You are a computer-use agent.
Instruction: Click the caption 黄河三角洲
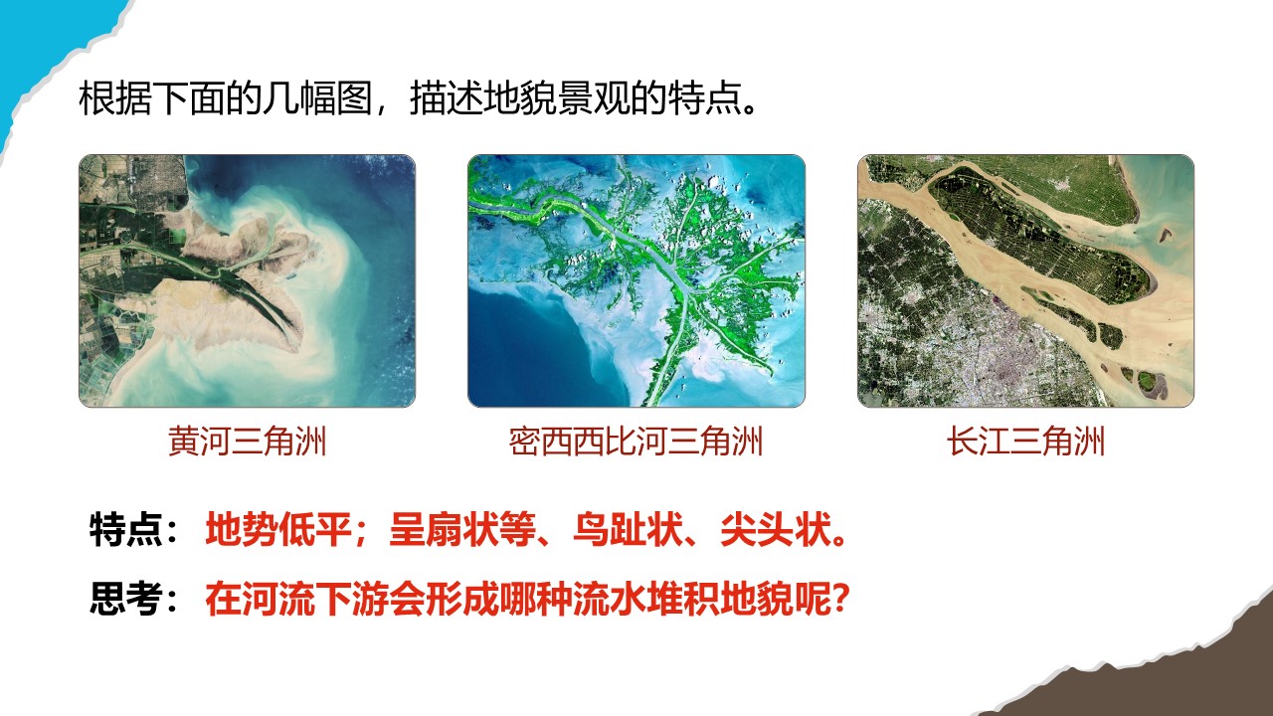point(248,442)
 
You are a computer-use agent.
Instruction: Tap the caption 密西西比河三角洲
point(636,442)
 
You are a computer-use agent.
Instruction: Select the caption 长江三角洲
point(1025,442)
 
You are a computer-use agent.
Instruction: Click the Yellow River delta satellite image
point(248,280)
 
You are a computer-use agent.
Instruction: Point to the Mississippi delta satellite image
point(636,280)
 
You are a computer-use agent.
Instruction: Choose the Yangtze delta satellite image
point(1025,280)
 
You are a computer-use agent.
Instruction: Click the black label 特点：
point(133,530)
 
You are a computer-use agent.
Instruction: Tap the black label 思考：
point(133,599)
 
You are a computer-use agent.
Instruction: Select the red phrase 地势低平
point(278,530)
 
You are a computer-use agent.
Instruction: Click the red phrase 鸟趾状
point(628,530)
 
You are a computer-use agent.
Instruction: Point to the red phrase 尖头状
point(775,530)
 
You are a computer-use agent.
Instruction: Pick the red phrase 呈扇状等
point(462,530)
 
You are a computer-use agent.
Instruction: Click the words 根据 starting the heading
point(114,98)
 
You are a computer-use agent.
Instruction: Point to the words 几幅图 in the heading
point(316,98)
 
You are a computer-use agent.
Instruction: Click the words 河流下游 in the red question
point(315,599)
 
